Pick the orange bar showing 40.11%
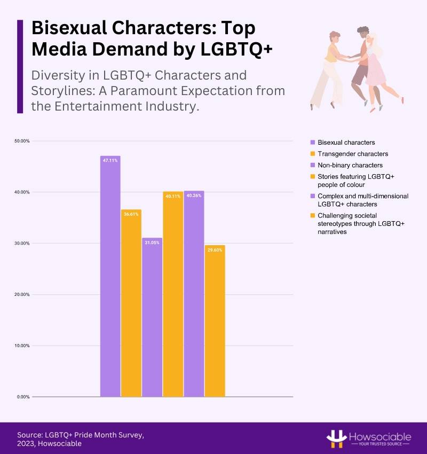click(x=173, y=294)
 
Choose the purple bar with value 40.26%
click(x=194, y=294)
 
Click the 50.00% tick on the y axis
click(x=22, y=141)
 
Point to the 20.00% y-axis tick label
click(x=22, y=294)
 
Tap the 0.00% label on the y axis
click(x=23, y=397)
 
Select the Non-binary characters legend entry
click(x=350, y=165)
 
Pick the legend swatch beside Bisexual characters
click(x=312, y=143)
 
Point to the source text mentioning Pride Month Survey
click(x=80, y=434)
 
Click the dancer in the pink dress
click(x=378, y=67)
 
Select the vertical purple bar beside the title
click(x=20, y=66)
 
